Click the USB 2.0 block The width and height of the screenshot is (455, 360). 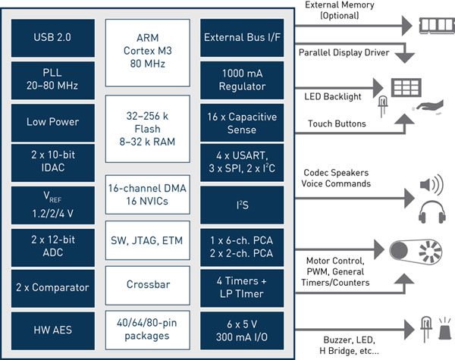pos(53,38)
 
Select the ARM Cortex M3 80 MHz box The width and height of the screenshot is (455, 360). pos(147,45)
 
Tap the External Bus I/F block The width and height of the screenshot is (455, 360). pos(240,38)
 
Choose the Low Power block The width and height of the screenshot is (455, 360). pos(53,122)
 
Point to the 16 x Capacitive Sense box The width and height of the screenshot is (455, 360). pos(240,122)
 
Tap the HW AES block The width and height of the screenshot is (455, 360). pos(53,330)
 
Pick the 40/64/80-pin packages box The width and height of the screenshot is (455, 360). pos(147,330)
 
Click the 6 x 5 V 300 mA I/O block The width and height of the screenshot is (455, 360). pos(240,330)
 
